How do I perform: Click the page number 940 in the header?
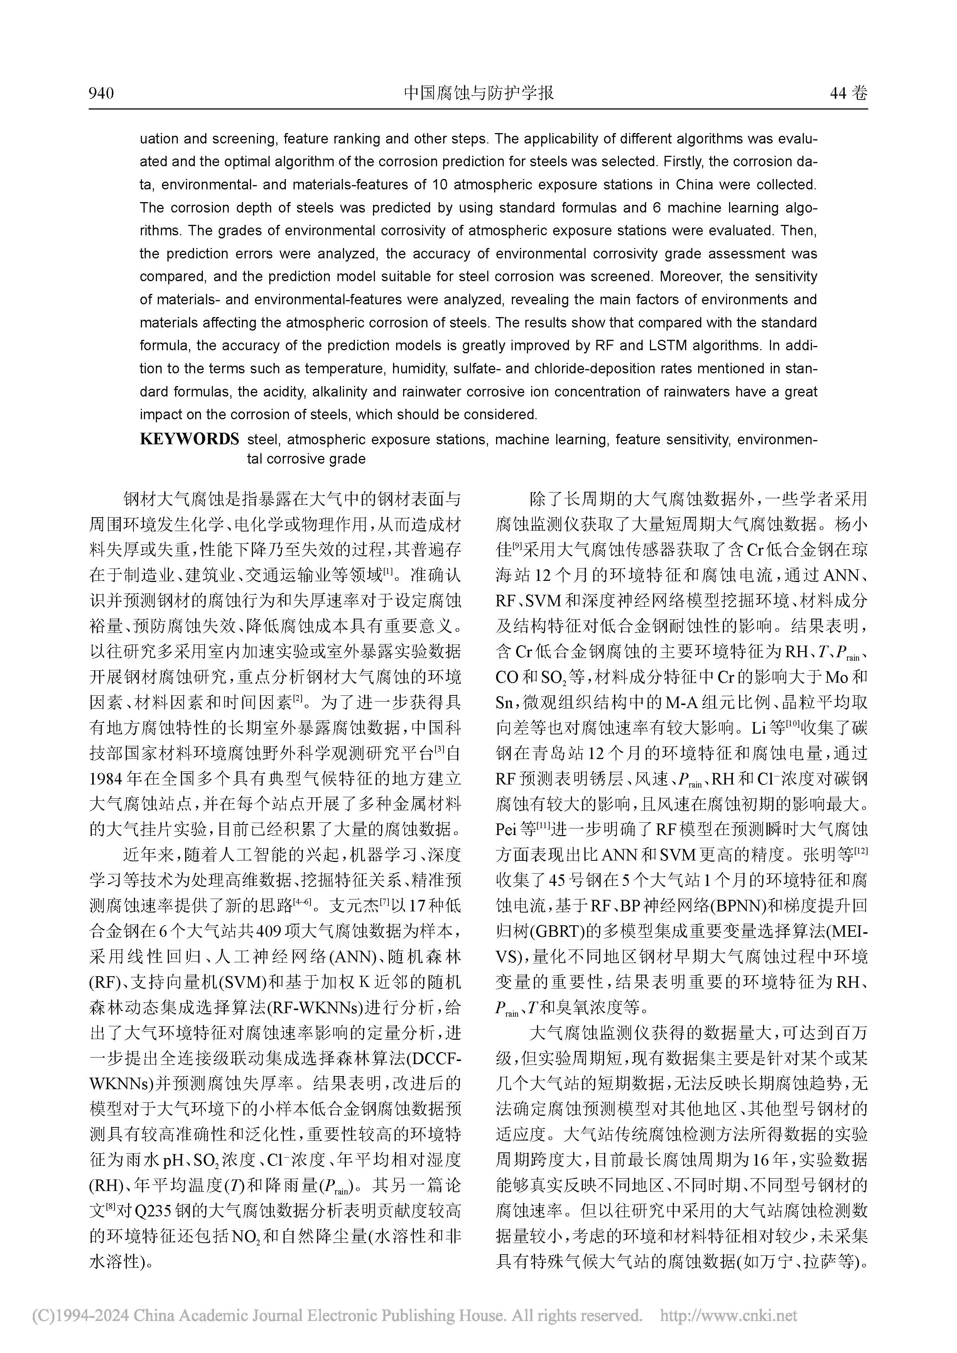click(x=101, y=93)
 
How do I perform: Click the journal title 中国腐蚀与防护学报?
click(x=478, y=93)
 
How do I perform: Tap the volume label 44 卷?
click(x=848, y=93)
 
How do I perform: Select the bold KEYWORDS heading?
click(x=189, y=439)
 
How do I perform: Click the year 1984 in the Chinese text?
click(x=105, y=778)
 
